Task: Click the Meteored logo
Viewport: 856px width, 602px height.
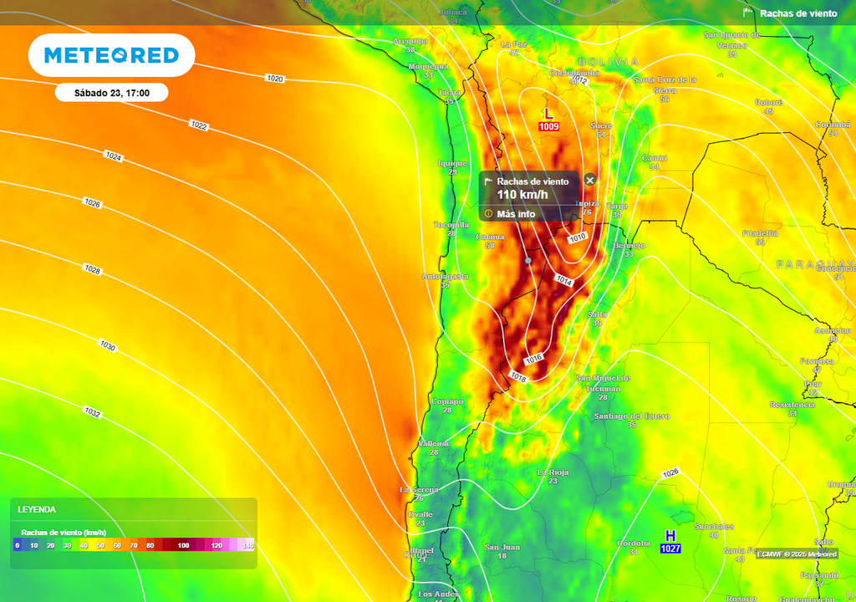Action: point(111,55)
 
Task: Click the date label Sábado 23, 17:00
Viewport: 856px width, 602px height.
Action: point(111,93)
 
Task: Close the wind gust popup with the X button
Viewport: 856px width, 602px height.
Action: point(590,180)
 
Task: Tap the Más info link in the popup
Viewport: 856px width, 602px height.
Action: point(515,214)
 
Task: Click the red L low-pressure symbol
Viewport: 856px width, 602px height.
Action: point(548,114)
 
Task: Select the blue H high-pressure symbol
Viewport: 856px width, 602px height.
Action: point(670,535)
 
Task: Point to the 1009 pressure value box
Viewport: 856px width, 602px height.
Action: point(548,127)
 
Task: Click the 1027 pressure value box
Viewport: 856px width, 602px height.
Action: point(670,548)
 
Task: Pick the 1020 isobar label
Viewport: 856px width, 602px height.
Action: point(275,79)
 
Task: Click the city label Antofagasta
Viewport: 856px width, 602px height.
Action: point(445,276)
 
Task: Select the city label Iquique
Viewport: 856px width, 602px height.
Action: point(452,163)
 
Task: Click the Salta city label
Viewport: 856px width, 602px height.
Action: point(597,314)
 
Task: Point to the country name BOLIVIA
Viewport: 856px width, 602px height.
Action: point(609,62)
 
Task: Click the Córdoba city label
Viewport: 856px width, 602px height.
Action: point(634,543)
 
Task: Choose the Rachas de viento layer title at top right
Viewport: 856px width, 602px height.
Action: point(797,13)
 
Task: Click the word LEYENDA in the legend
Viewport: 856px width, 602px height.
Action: point(37,509)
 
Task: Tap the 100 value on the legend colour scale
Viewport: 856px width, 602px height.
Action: point(183,545)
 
